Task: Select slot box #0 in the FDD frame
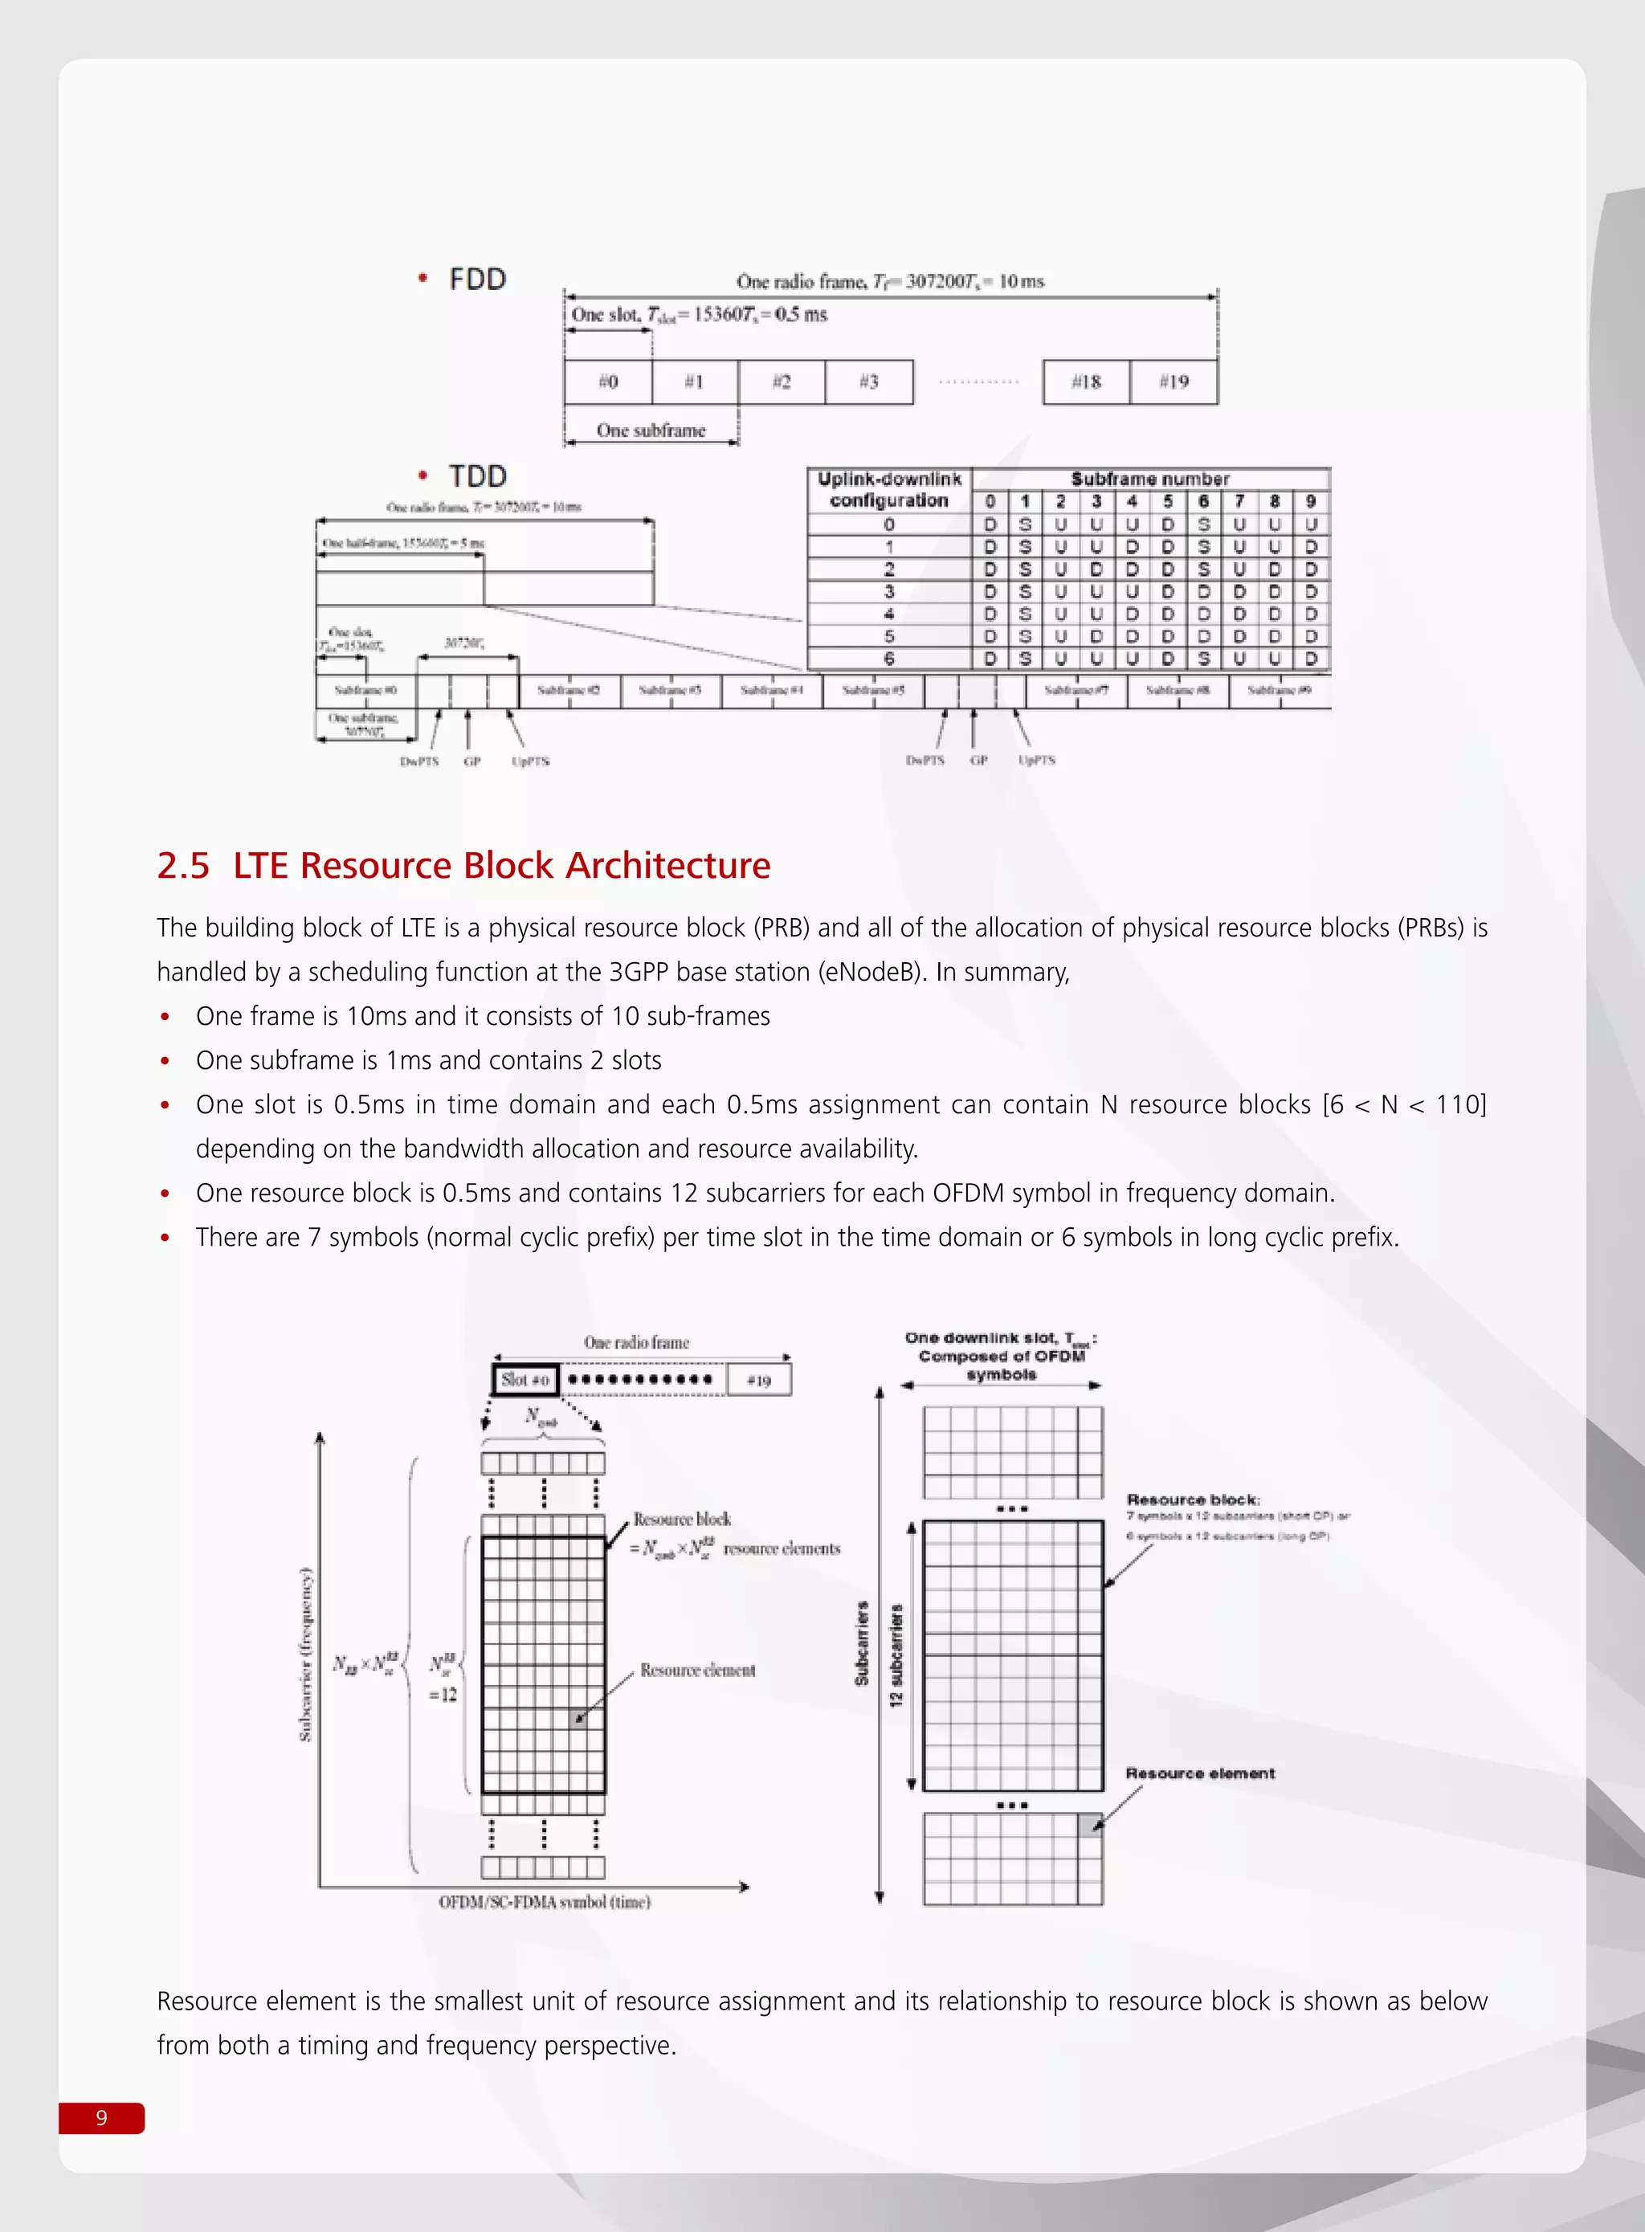(607, 382)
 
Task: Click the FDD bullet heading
(477, 280)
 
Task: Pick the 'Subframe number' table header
(1150, 479)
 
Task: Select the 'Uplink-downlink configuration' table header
(889, 490)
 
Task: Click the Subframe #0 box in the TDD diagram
(365, 690)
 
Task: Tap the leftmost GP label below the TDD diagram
(472, 761)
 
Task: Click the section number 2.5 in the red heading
(183, 866)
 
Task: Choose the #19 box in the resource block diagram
(759, 1381)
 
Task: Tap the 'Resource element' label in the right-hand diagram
(1200, 1773)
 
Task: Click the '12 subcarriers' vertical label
(896, 1655)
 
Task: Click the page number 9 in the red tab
(101, 2117)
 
